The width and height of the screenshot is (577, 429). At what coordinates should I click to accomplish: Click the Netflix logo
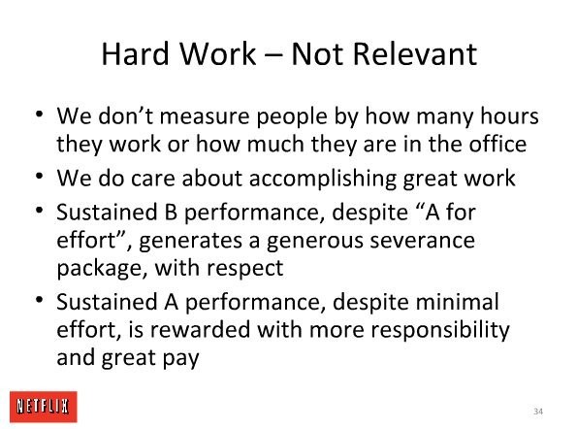click(44, 407)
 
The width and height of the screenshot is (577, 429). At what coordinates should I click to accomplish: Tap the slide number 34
click(538, 412)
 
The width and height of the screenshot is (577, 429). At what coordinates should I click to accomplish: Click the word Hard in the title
click(135, 53)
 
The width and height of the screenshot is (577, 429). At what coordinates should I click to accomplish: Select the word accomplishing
click(322, 180)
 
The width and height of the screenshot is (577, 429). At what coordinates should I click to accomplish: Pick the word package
click(99, 269)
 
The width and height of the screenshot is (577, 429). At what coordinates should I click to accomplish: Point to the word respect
click(244, 269)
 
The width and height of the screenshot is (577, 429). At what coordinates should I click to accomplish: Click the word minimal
click(458, 302)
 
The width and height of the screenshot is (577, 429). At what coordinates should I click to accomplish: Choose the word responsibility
click(439, 330)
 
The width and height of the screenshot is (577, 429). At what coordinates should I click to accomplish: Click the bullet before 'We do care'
click(40, 176)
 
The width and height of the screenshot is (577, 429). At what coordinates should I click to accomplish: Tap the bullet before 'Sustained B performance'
click(40, 210)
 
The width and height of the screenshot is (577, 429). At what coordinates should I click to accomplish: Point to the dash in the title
click(273, 56)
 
